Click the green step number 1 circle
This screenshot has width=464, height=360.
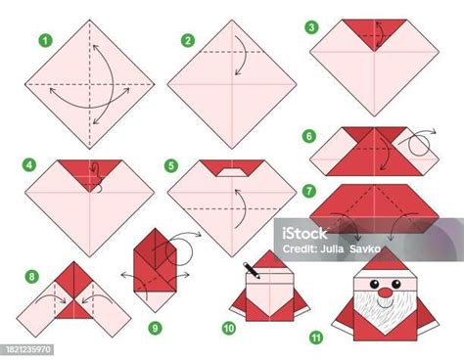pyautogui.click(x=43, y=42)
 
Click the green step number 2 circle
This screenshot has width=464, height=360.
pyautogui.click(x=186, y=41)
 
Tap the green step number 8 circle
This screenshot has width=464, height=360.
pyautogui.click(x=31, y=277)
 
